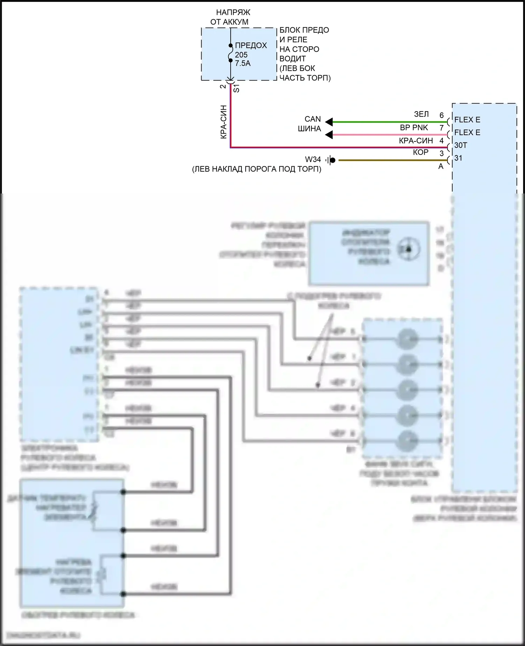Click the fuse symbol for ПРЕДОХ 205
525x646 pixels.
pos(231,53)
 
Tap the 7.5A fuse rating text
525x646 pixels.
pos(243,63)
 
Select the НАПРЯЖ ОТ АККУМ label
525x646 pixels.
pos(230,17)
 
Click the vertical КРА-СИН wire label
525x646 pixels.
pos(224,122)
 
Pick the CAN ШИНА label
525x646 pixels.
pos(310,124)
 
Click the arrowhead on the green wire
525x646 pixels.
pos(329,122)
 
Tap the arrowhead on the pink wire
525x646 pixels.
pos(329,135)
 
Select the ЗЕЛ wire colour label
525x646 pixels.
pos(421,114)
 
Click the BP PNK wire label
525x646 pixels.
pos(414,128)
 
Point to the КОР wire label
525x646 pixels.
pos(420,153)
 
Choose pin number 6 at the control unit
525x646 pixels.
pos(441,115)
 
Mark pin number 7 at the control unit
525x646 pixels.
pos(441,128)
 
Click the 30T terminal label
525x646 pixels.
pos(461,145)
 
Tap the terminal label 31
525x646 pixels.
pos(458,158)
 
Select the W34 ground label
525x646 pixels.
pos(313,160)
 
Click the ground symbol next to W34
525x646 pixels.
pos(331,160)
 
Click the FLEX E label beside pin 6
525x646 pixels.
pos(467,120)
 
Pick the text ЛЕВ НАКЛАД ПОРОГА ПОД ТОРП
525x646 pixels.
pos(257,169)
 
